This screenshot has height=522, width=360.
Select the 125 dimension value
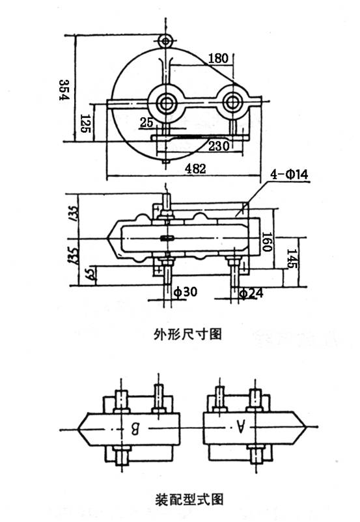84,123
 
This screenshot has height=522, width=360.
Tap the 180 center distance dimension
217,59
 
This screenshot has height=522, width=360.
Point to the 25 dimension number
146,122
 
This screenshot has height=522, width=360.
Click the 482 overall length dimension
195,169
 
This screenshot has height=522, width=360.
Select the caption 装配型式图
188,499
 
